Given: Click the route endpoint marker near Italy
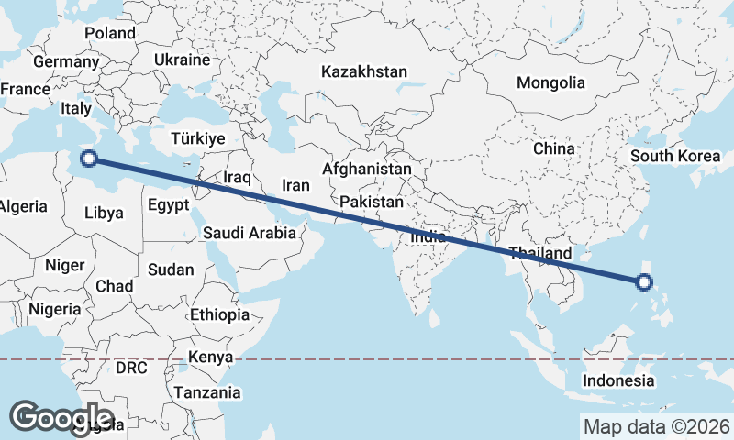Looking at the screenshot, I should pyautogui.click(x=89, y=159).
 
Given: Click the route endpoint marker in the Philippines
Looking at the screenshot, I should pyautogui.click(x=644, y=282).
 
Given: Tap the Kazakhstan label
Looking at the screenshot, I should pyautogui.click(x=364, y=71).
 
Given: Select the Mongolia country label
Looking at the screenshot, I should pyautogui.click(x=550, y=82).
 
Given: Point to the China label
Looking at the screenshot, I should pyautogui.click(x=553, y=148).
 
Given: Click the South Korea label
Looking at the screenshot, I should pyautogui.click(x=674, y=156).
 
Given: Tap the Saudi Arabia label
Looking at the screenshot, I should pyautogui.click(x=250, y=233).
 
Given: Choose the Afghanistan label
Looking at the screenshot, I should pyautogui.click(x=366, y=170).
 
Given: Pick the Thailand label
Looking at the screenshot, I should pyautogui.click(x=540, y=253).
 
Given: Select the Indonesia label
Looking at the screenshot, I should pyautogui.click(x=620, y=380).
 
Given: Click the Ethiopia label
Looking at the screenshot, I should pyautogui.click(x=219, y=315).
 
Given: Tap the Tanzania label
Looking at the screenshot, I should pyautogui.click(x=209, y=392).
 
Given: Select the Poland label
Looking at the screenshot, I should pyautogui.click(x=110, y=33).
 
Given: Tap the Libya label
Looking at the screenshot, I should pyautogui.click(x=103, y=213).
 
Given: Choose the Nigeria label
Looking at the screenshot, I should pyautogui.click(x=55, y=309).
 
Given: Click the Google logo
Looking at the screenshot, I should pyautogui.click(x=61, y=417).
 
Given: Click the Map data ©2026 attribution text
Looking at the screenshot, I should pyautogui.click(x=656, y=426).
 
